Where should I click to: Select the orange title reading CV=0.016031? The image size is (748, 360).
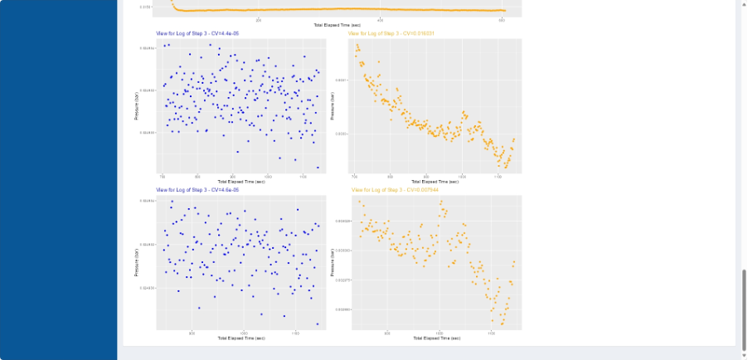point(393,33)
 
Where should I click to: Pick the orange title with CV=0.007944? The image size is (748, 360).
point(393,190)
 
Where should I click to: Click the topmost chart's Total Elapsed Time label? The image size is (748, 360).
point(338,25)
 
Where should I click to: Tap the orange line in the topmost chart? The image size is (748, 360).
point(332,11)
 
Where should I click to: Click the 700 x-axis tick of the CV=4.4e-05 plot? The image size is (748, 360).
point(163,176)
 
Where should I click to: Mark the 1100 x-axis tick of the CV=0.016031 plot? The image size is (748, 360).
point(498,176)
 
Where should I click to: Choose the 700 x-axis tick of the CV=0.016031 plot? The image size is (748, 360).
point(356,176)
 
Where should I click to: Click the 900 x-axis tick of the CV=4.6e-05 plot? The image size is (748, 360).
point(192,333)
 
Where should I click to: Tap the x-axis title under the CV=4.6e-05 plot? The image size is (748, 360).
point(240,338)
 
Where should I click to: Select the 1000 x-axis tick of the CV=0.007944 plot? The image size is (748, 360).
point(439,333)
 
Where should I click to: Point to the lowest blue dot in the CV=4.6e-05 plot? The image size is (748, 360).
point(317,324)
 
